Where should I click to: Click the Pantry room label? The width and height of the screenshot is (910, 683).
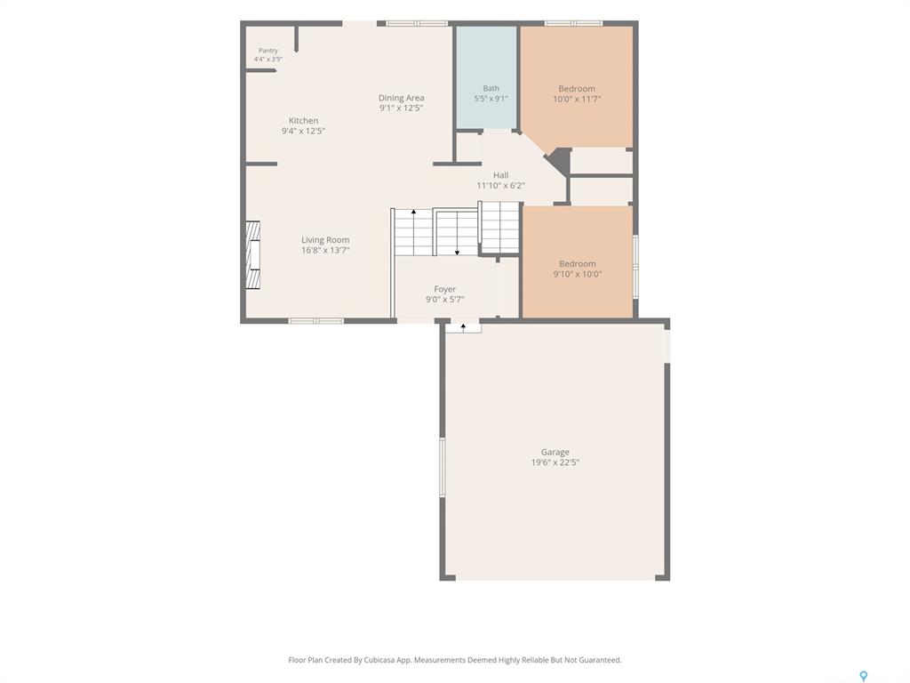click(x=268, y=51)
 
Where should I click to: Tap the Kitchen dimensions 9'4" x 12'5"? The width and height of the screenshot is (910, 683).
click(x=303, y=131)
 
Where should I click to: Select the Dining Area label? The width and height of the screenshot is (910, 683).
click(x=401, y=98)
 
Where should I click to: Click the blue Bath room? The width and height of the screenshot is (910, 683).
click(x=486, y=77)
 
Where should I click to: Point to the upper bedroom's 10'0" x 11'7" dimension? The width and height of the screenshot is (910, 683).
click(x=576, y=99)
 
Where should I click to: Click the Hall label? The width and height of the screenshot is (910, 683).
click(x=501, y=175)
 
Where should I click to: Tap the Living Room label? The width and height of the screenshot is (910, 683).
click(x=325, y=240)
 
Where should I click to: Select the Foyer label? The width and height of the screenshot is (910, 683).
click(x=444, y=289)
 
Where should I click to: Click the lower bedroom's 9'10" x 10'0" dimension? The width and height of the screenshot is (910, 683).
click(x=577, y=274)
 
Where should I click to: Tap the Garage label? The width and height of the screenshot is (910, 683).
click(x=555, y=452)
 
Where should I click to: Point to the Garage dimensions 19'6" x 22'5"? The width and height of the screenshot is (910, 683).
click(x=555, y=462)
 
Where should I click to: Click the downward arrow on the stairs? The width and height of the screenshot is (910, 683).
click(x=458, y=233)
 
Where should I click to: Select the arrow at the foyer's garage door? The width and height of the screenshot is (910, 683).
click(x=463, y=327)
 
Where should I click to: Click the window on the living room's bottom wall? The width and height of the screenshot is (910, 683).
click(x=316, y=320)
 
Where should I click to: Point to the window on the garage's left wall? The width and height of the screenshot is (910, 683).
click(x=443, y=467)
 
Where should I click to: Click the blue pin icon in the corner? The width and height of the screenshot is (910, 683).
click(x=864, y=676)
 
